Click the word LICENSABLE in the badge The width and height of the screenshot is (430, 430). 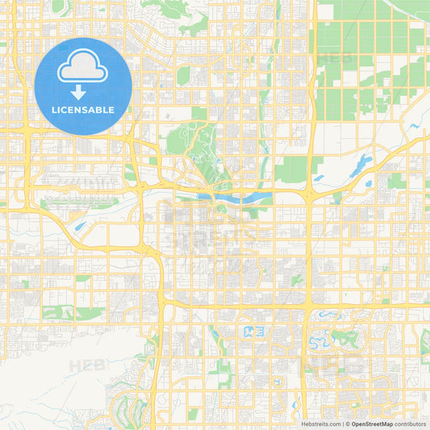pyautogui.click(x=83, y=109)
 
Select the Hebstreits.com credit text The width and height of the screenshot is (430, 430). pyautogui.click(x=320, y=424)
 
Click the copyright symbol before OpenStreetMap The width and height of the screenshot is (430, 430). pyautogui.click(x=347, y=424)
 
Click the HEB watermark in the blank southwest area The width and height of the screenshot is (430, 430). pyautogui.click(x=87, y=365)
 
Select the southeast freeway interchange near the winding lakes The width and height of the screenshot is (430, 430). pyautogui.click(x=308, y=307)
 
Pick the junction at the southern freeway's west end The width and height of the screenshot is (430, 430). pyautogui.click(x=164, y=303)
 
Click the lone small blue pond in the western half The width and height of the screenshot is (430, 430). pyautogui.click(x=79, y=227)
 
